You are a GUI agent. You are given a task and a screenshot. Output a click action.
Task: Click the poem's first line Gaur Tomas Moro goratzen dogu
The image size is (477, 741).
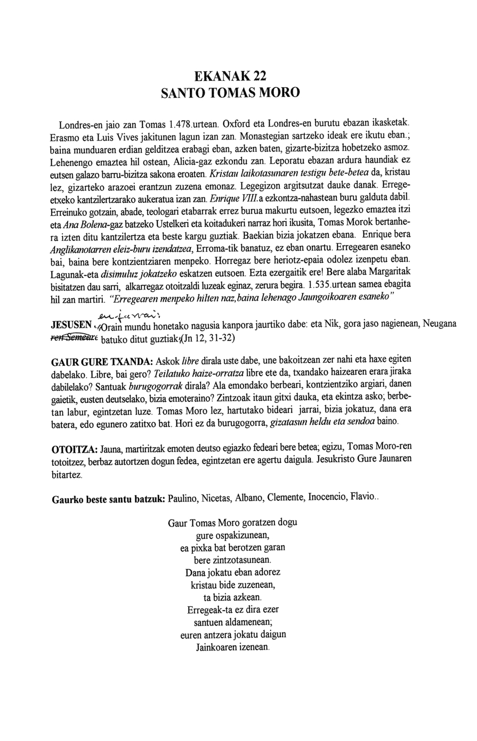(x=232, y=523)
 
